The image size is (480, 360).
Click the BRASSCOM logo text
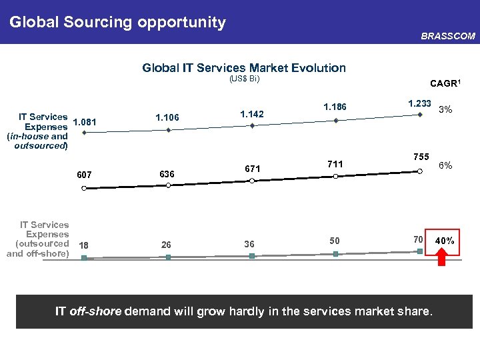pos(448,37)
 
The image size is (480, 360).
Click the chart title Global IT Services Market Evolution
pos(244,67)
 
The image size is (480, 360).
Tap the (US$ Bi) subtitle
pos(244,79)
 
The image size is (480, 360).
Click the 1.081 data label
pos(85,122)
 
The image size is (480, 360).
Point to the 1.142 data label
pos(251,114)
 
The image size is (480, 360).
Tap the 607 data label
pos(84,175)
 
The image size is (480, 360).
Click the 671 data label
pos(252,169)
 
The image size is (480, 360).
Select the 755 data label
pos(421,156)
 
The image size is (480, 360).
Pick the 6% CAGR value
pos(445,165)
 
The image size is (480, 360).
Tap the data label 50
pos(335,240)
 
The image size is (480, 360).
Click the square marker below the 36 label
pos(252,256)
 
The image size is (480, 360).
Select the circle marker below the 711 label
pos(335,176)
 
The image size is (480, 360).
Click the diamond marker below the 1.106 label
pos(169,130)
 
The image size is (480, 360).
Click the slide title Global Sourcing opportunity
pos(117,22)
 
